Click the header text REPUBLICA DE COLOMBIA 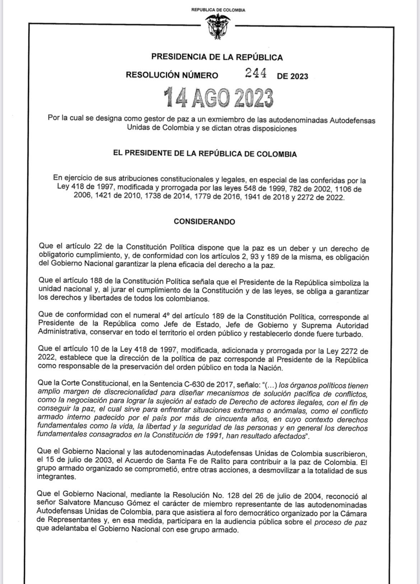tap(218, 10)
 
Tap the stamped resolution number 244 tap(256, 73)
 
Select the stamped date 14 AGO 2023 tap(218, 97)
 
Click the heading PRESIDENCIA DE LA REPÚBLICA tap(217, 57)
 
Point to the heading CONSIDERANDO tap(204, 222)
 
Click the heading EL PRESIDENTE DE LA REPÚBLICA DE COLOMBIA tap(205, 154)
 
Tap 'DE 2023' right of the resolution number tap(292, 76)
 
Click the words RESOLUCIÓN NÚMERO tap(172, 75)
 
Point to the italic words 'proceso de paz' tap(340, 522)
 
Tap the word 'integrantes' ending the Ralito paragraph tap(56, 477)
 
